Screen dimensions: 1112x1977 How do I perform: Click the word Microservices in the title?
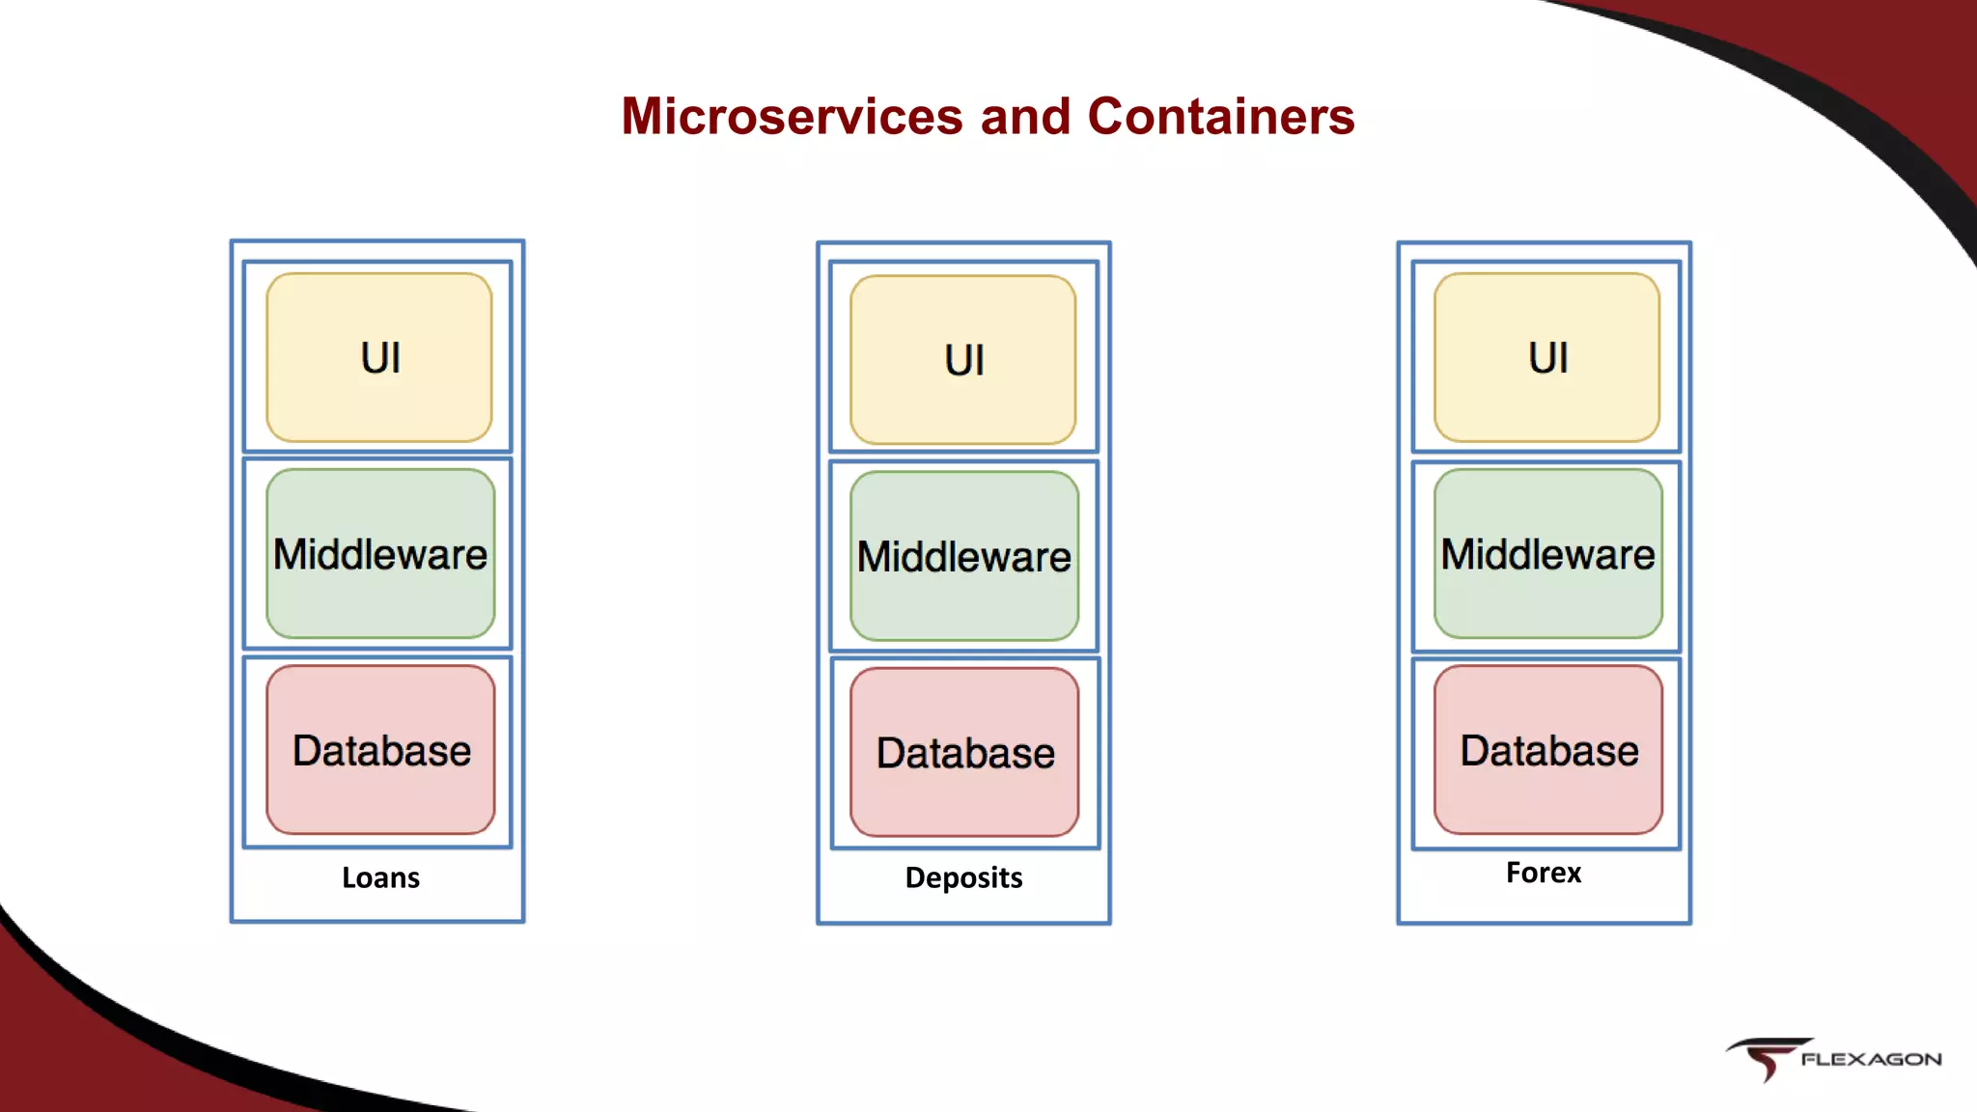point(792,117)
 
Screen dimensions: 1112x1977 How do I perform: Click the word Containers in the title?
point(1220,117)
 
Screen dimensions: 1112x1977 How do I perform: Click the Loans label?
point(380,877)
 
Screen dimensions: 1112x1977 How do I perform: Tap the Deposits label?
point(963,877)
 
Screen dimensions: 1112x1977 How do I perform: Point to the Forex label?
point(1543,873)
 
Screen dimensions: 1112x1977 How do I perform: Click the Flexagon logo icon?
point(1764,1059)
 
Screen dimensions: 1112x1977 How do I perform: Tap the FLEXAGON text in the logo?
point(1870,1059)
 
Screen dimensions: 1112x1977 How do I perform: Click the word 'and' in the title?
point(1025,117)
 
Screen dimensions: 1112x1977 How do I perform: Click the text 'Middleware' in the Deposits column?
point(964,557)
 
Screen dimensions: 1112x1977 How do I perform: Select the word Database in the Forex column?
point(1548,751)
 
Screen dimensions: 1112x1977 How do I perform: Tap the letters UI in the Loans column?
point(380,358)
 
